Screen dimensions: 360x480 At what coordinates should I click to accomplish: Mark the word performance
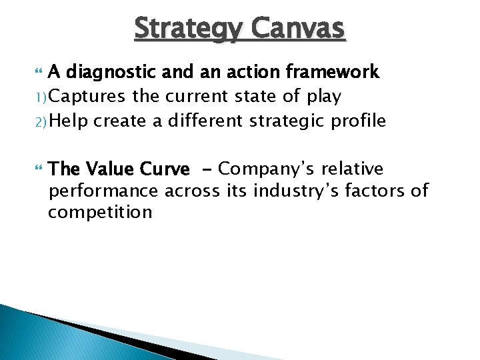tap(103, 192)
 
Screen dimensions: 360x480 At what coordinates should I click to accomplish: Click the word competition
tap(100, 213)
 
